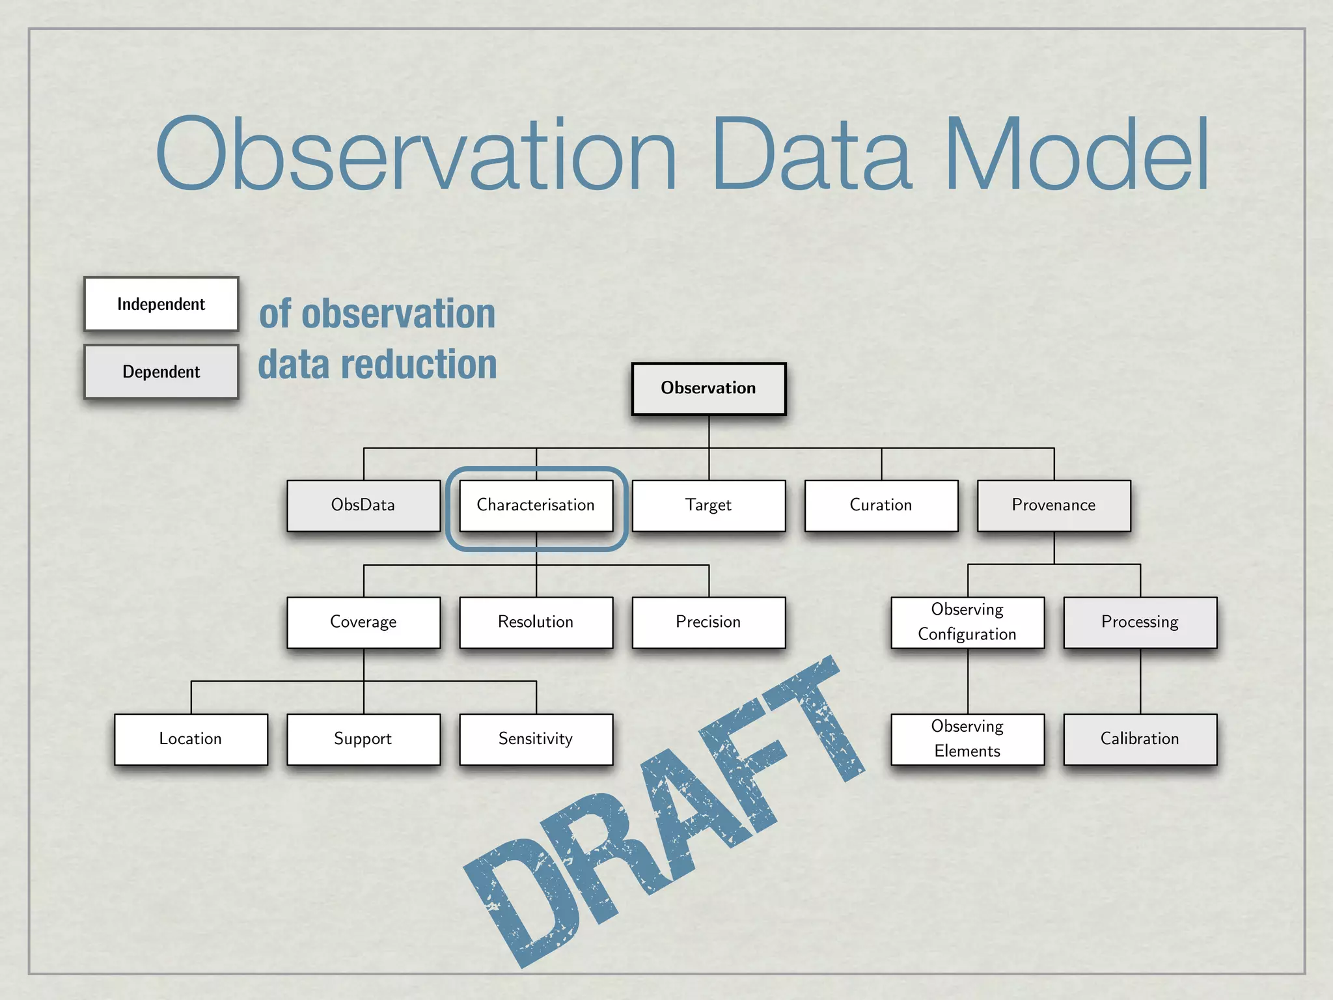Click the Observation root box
(x=709, y=389)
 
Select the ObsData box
(x=363, y=506)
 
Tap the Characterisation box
(x=536, y=506)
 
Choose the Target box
(x=709, y=506)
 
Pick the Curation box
(x=881, y=506)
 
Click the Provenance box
(x=1054, y=506)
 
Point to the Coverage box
(x=363, y=622)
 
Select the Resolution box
(x=536, y=622)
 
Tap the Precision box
(x=709, y=622)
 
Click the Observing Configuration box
(x=967, y=622)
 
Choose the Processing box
(x=1140, y=622)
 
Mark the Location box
(x=191, y=740)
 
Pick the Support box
(x=363, y=740)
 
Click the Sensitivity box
(x=536, y=740)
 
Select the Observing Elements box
(x=967, y=740)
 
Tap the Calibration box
(x=1140, y=740)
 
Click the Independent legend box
(x=161, y=305)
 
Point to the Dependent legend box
(x=161, y=372)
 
